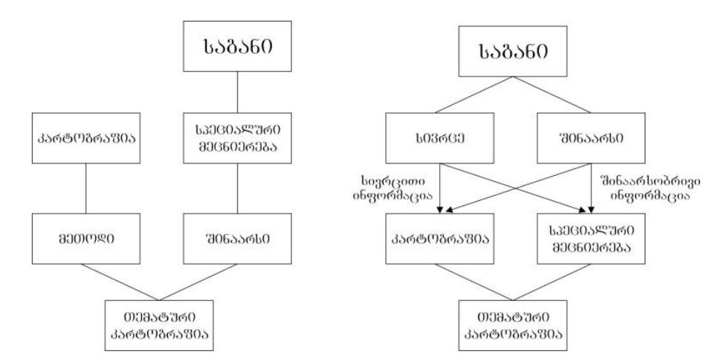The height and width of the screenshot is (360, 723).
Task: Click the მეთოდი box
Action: tap(86, 238)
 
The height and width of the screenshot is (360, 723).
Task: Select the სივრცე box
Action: tap(439, 137)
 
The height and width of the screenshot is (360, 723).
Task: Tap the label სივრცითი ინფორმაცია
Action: tap(393, 188)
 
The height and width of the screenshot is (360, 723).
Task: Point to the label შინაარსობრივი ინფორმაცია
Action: tap(649, 188)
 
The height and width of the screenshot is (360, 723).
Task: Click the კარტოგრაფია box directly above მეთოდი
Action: tap(86, 137)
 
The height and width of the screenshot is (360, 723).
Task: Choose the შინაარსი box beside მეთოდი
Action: tap(237, 238)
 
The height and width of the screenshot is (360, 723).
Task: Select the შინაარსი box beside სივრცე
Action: tap(591, 137)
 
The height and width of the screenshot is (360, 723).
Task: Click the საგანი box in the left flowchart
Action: tap(237, 46)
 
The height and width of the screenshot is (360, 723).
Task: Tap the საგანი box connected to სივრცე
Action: tap(513, 51)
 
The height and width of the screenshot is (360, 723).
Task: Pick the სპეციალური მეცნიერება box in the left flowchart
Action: tap(237, 137)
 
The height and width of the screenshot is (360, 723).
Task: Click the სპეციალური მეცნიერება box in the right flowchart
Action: tap(591, 238)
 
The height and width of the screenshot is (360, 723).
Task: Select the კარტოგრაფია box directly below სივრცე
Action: tap(439, 238)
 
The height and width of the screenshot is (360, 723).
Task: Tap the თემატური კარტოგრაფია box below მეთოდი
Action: tap(159, 325)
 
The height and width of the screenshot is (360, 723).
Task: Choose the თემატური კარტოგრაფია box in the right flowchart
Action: tap(513, 325)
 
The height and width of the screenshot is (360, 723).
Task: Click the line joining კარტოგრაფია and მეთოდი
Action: tap(86, 188)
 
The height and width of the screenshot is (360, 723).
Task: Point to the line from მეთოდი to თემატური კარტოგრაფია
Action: tap(120, 282)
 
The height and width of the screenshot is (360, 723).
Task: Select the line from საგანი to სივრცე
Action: tap(474, 95)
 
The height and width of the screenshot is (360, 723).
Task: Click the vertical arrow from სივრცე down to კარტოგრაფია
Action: tap(441, 188)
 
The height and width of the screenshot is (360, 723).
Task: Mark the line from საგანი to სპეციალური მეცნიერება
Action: tap(237, 92)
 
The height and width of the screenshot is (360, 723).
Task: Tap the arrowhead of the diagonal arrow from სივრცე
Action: tap(582, 211)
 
